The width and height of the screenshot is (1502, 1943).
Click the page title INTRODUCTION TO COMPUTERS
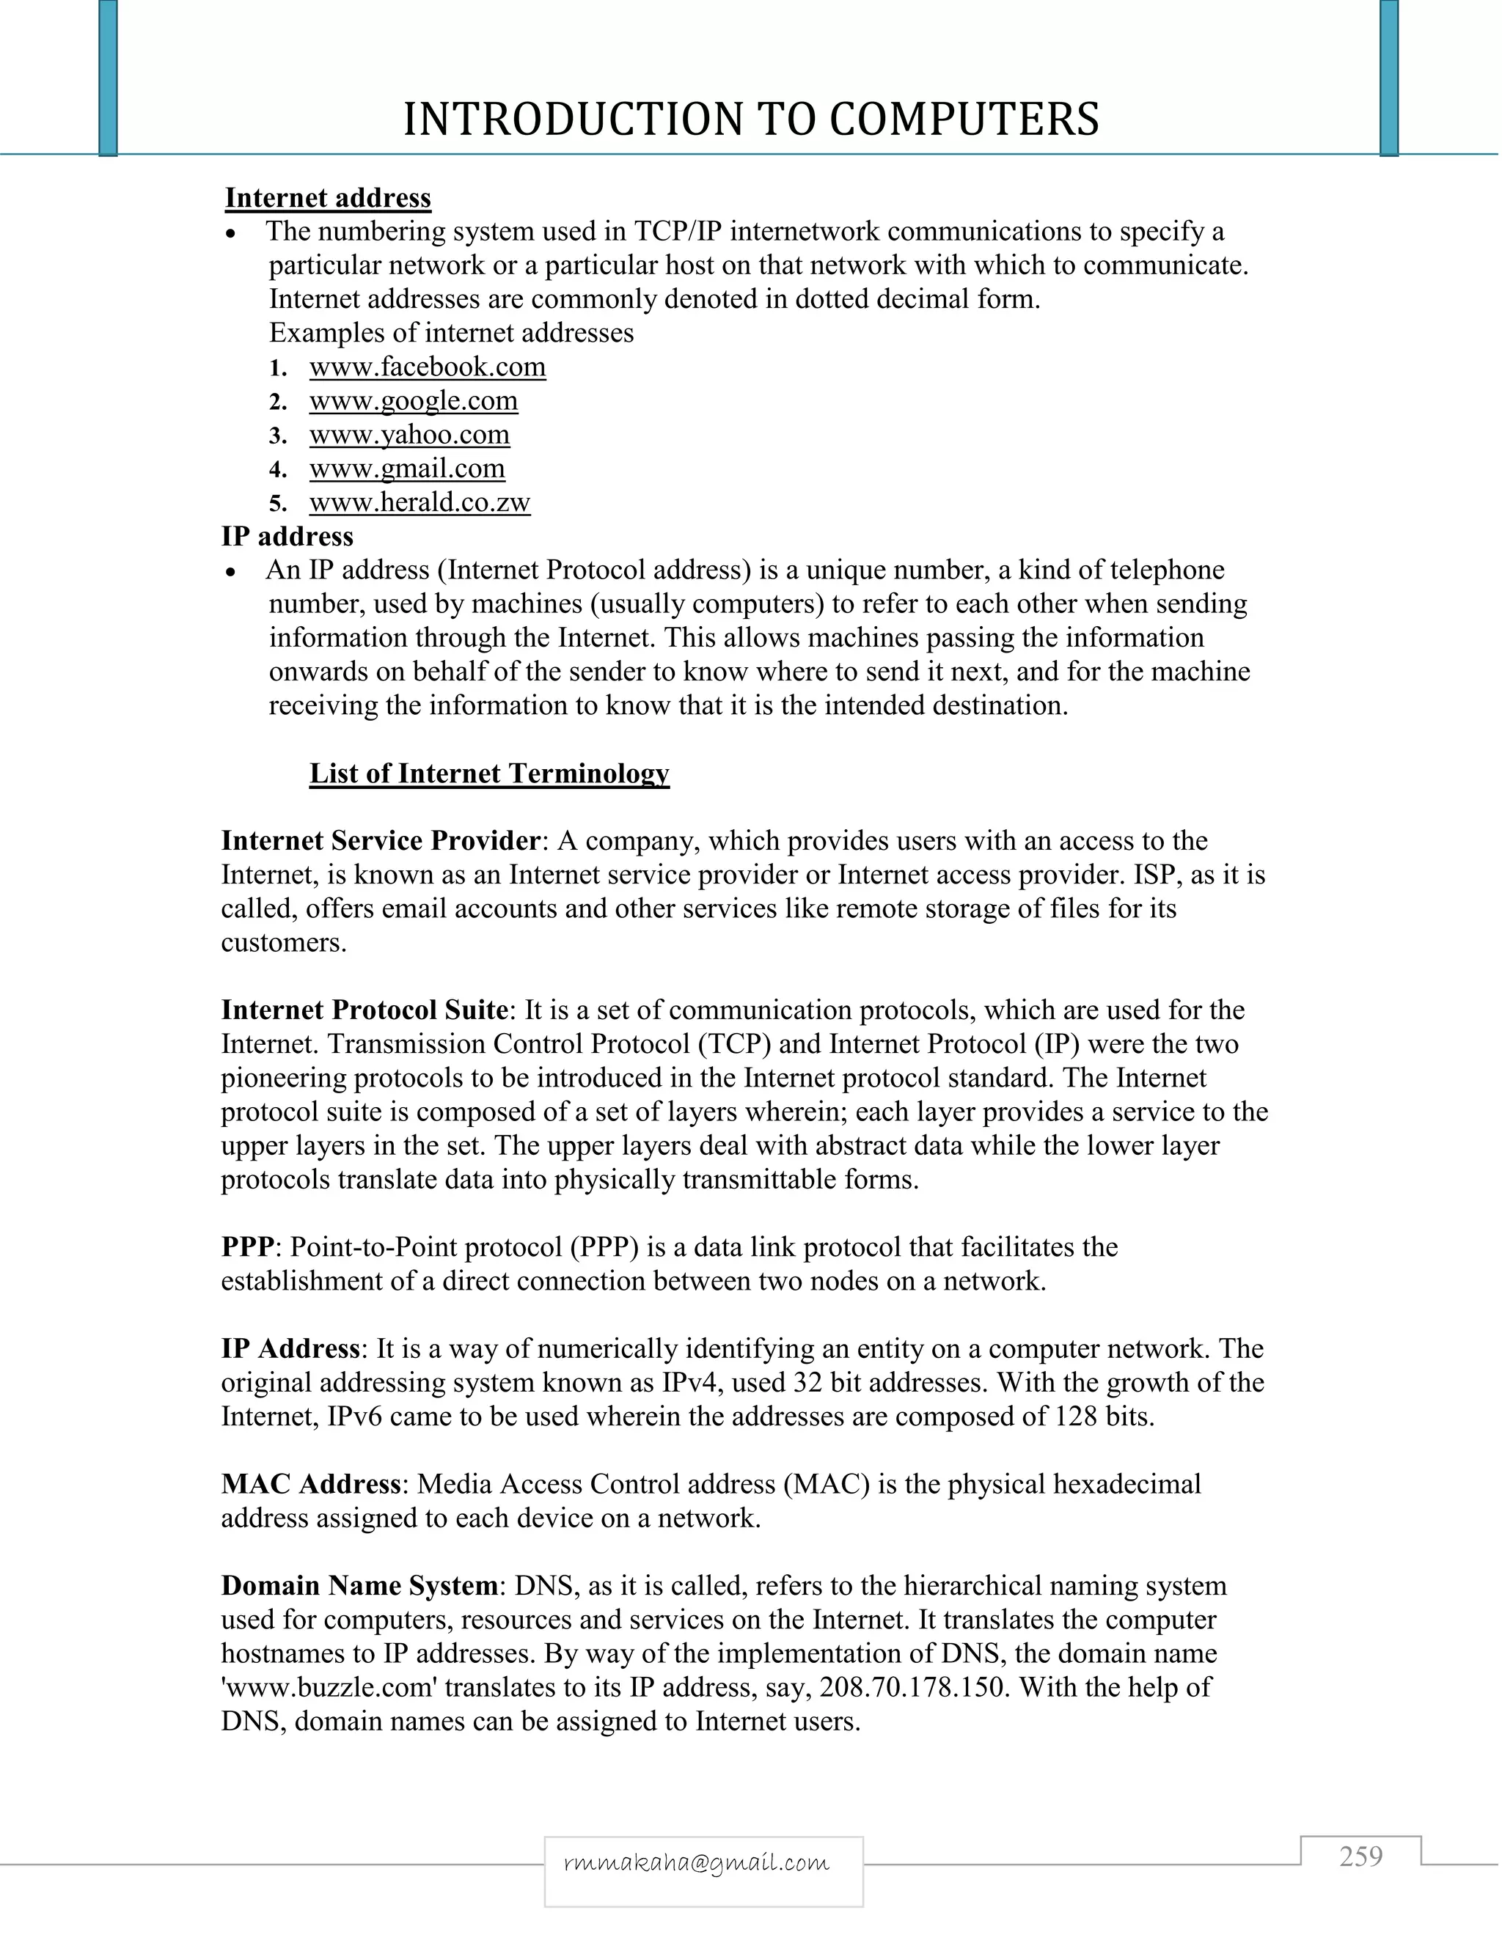(x=751, y=120)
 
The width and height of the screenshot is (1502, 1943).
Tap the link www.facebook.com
(x=427, y=367)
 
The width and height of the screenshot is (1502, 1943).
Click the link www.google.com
(x=413, y=400)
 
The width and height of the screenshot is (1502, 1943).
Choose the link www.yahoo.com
(x=409, y=434)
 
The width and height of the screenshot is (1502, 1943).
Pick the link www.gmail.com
(x=406, y=468)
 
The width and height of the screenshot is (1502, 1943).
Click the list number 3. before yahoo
(x=278, y=436)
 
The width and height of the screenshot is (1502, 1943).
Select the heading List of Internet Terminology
(x=488, y=773)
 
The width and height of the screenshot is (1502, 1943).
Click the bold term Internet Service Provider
(x=380, y=841)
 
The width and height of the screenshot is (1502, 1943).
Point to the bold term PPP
(x=246, y=1247)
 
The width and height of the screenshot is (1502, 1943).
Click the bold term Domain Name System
(x=359, y=1585)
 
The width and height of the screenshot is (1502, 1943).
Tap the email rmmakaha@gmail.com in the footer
(x=697, y=1863)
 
